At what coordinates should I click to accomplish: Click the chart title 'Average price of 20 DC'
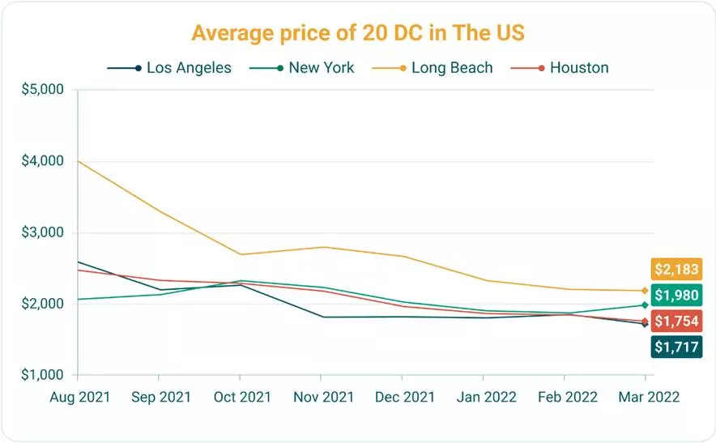(x=359, y=34)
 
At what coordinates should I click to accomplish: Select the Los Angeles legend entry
(x=169, y=68)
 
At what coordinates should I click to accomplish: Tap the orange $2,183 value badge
(x=674, y=269)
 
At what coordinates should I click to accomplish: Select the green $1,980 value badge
(x=674, y=295)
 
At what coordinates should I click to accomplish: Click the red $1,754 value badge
(x=674, y=322)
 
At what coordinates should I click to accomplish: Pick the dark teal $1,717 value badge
(x=674, y=347)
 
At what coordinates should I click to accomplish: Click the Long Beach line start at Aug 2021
(x=77, y=161)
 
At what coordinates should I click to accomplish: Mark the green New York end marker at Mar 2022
(x=645, y=305)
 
